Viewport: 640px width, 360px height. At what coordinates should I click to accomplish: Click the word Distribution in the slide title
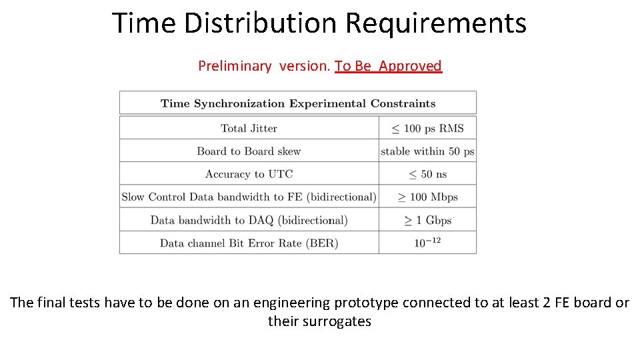261,23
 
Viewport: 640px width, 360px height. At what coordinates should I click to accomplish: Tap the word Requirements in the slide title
435,23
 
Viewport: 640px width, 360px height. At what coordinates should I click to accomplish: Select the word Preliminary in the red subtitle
235,66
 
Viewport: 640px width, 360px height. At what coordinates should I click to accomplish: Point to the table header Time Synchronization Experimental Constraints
298,103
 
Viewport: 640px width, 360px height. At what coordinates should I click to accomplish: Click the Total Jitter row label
249,128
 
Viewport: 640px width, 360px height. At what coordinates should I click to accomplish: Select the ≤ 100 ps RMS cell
427,128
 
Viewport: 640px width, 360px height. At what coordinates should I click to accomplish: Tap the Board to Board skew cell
249,151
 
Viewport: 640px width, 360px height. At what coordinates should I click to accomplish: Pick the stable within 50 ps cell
427,151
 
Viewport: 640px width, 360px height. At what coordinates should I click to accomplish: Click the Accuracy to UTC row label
249,174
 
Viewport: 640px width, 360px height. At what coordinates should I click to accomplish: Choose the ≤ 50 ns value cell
427,174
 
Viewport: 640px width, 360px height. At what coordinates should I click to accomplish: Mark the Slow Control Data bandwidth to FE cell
249,197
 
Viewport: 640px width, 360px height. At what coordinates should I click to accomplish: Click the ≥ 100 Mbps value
427,197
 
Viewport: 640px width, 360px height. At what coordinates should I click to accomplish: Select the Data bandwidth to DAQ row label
249,220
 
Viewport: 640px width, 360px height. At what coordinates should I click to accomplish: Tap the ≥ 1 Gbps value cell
427,220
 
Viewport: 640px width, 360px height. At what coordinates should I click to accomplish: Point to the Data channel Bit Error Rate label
249,243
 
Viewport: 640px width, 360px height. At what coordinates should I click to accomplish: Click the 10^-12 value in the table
427,243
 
